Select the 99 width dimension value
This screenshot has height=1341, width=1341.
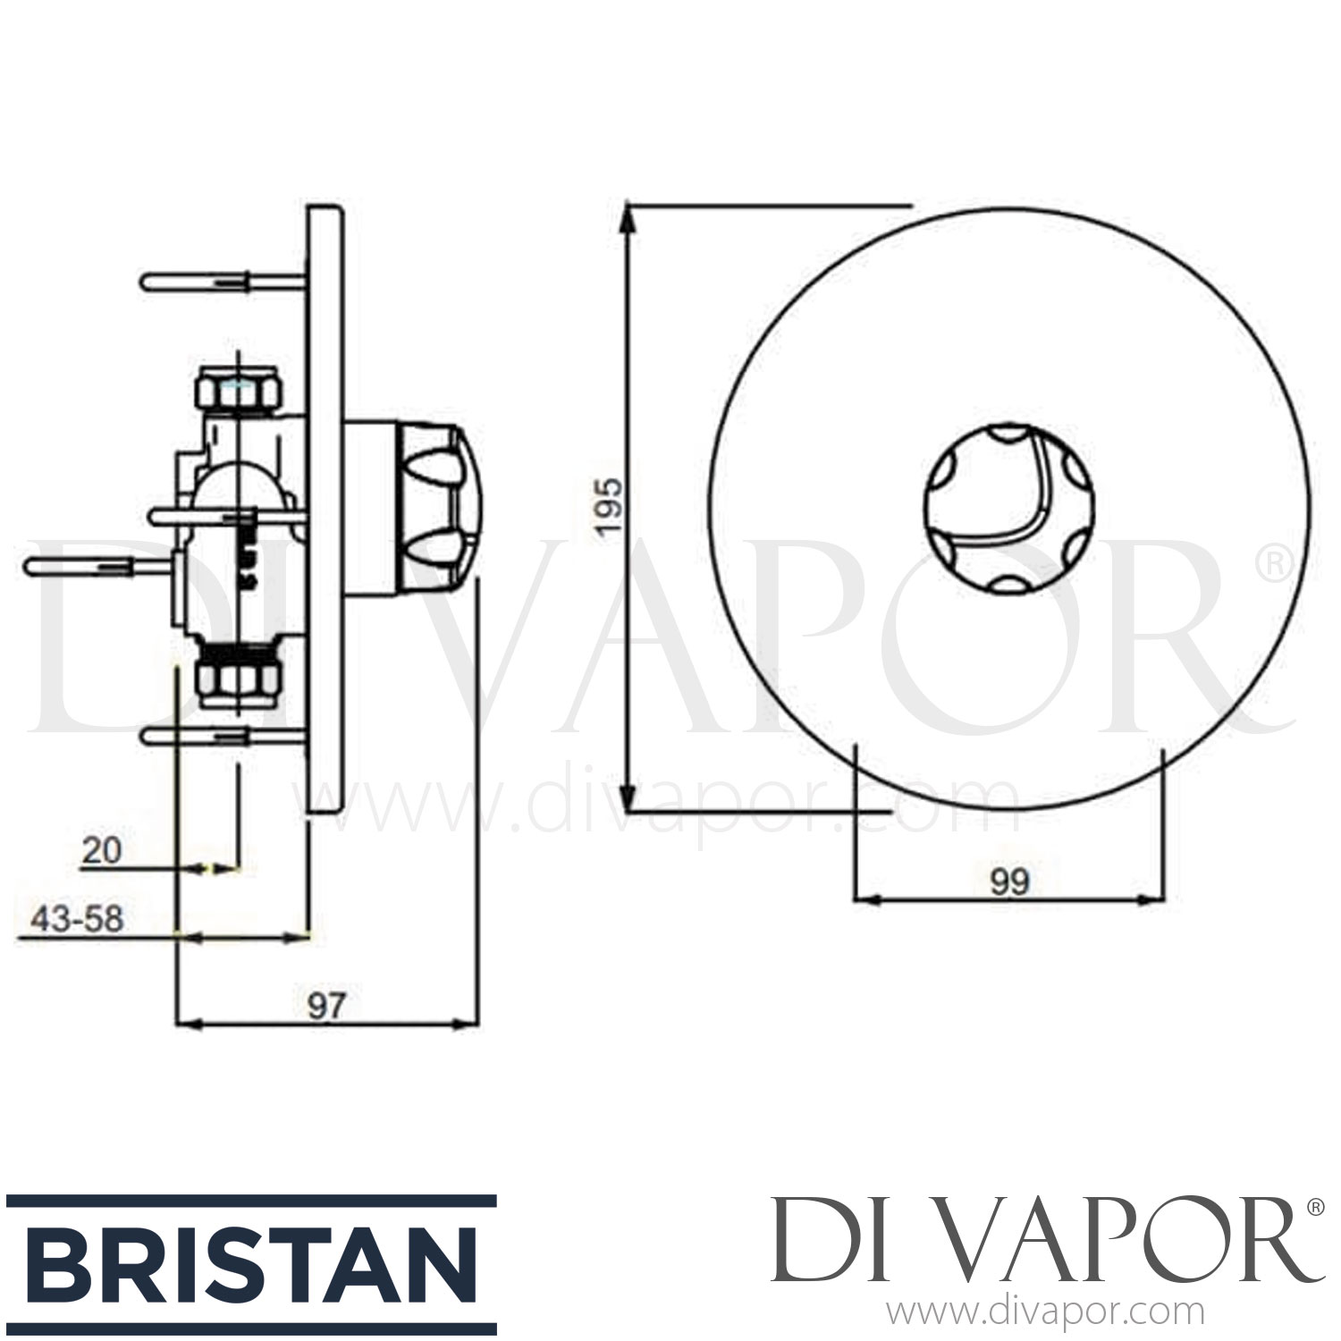coord(1010,882)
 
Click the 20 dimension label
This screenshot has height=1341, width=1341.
coord(100,851)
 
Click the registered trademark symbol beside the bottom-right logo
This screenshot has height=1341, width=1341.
coord(1315,1208)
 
